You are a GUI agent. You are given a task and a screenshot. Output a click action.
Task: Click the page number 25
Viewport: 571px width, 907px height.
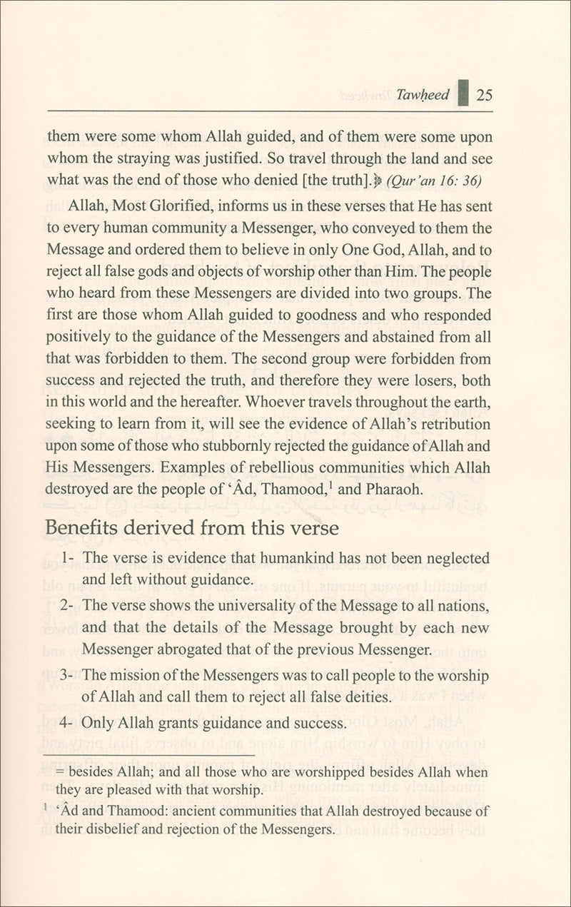(485, 95)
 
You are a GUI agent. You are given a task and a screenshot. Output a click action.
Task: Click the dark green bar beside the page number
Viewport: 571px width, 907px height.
(463, 93)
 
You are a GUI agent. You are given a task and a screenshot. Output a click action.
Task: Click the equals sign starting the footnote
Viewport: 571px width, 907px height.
(60, 773)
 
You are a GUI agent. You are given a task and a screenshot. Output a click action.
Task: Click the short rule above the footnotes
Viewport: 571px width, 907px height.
(150, 754)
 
